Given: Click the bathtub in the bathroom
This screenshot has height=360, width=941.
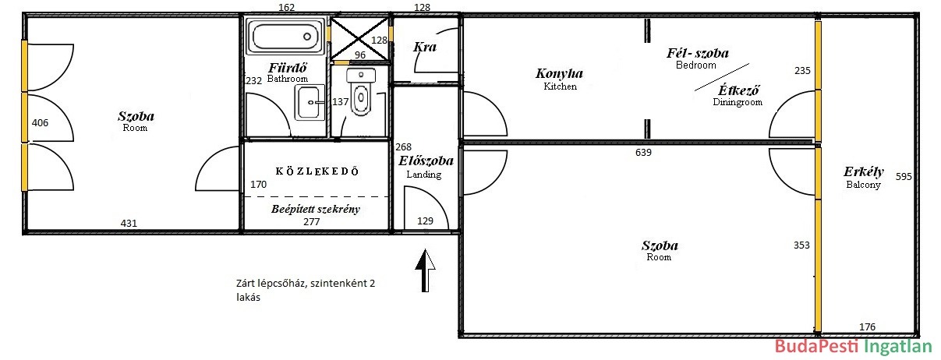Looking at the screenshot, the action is point(286,37).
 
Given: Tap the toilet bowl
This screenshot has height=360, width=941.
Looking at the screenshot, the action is point(361,93).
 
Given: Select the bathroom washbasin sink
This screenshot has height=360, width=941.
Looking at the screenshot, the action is point(310,102).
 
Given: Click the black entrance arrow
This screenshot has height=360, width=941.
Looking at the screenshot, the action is point(425,270).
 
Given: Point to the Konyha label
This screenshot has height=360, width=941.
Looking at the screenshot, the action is point(559,74).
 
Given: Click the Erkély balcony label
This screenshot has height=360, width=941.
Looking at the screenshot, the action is point(864,171).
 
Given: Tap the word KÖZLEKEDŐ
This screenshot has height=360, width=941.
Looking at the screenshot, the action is point(317,171).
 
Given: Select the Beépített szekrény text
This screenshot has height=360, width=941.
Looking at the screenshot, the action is point(316,209).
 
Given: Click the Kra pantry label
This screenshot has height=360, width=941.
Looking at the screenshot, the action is point(425,47).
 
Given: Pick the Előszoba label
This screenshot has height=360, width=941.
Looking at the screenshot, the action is point(426,161).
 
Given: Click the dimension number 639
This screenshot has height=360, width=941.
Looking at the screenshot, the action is point(643,153).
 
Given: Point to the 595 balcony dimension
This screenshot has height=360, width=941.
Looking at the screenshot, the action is point(904,176).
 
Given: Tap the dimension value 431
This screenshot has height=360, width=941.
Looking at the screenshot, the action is point(129,224).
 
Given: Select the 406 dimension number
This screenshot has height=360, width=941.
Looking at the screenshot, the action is point(40,123).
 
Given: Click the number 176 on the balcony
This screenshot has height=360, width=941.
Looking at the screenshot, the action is point(867,326).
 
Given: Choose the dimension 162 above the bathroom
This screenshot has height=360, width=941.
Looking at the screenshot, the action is point(286,8).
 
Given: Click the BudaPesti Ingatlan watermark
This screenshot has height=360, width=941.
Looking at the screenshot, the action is point(853,347).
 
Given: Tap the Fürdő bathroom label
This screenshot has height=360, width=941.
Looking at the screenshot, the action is point(288,68).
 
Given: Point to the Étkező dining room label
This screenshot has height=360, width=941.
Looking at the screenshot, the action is point(738,90).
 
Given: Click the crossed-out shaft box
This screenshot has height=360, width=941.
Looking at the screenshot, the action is point(359,39).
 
